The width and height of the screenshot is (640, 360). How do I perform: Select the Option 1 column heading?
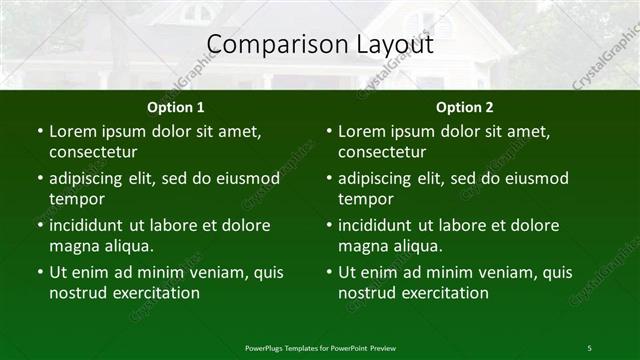[176, 107]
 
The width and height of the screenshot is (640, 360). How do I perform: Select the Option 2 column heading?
[465, 107]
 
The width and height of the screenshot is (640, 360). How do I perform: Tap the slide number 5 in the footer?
[589, 347]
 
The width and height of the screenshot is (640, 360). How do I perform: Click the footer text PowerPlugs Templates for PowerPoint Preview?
[320, 347]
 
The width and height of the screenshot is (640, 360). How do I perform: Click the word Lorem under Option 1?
[73, 131]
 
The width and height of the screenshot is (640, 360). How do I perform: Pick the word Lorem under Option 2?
[362, 131]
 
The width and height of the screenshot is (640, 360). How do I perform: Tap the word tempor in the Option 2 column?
[365, 199]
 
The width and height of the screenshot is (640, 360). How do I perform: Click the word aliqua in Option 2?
[416, 246]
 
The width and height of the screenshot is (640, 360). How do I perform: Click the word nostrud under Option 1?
[77, 293]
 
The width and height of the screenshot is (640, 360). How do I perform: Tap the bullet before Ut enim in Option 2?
[329, 272]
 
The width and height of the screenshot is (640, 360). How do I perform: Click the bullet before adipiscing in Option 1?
[40, 178]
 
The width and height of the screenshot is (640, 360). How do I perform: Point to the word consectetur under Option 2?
[383, 152]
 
